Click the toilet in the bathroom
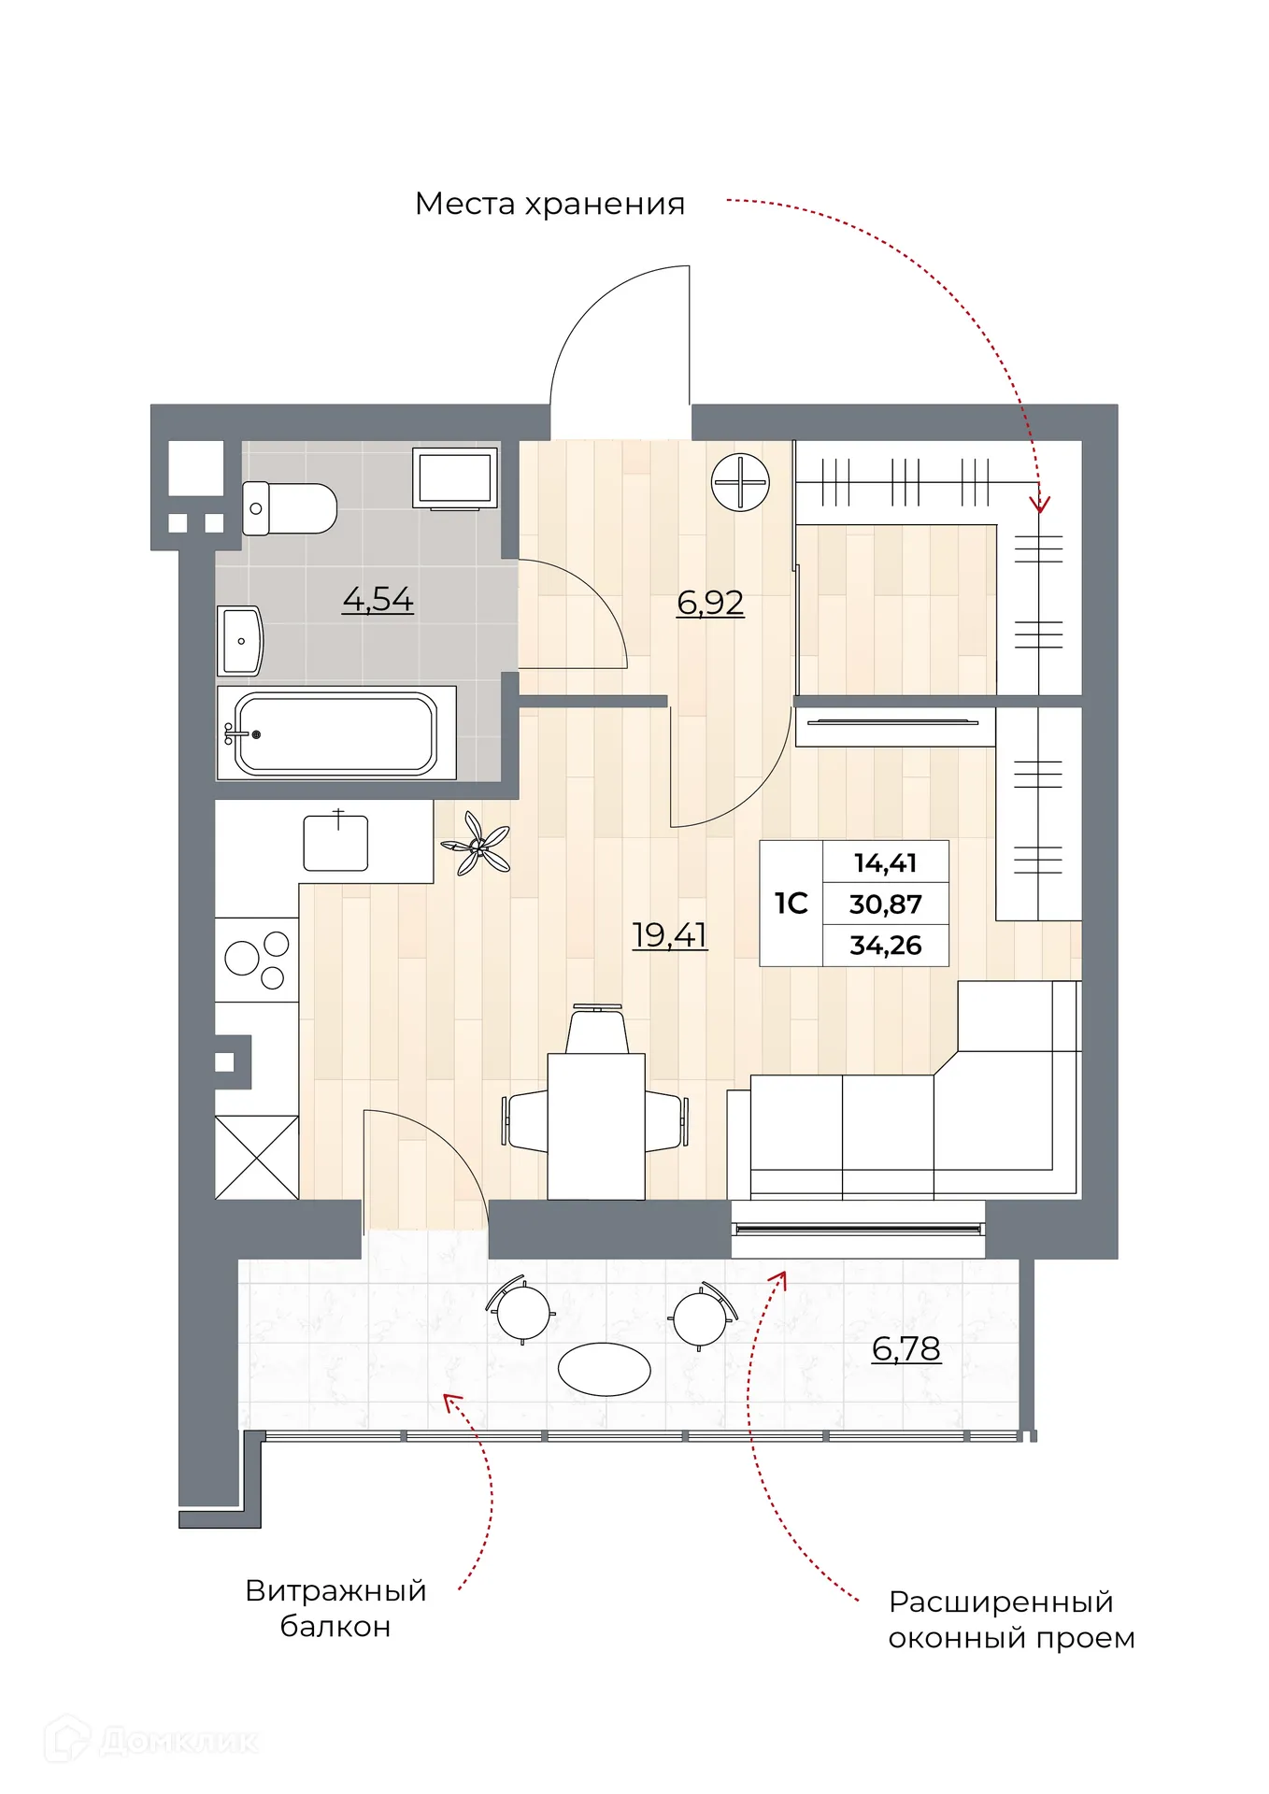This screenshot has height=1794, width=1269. coord(290,508)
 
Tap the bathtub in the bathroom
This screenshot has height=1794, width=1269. coord(335,733)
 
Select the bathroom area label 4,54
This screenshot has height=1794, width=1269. coord(378,599)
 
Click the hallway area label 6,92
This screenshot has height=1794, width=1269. coord(710,603)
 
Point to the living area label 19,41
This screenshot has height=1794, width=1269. coord(669,934)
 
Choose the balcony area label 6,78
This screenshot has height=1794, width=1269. coord(905,1348)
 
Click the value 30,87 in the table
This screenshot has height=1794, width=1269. coord(885,904)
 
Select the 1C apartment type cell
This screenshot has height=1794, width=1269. coord(791,904)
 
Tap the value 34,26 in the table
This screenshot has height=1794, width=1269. coord(885,945)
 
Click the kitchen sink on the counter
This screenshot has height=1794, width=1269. coord(335,842)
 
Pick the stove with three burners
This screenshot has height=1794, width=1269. coord(257,960)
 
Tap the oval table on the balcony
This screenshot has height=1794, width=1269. coord(604,1370)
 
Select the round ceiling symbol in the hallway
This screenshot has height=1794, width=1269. coord(740,482)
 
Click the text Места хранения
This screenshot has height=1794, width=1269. coord(549,204)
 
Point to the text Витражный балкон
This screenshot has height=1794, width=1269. coord(335,1608)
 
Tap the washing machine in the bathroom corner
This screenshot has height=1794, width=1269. coord(455,477)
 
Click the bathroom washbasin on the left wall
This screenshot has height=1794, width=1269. coord(241,640)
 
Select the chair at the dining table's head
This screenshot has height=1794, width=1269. coord(597,1030)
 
